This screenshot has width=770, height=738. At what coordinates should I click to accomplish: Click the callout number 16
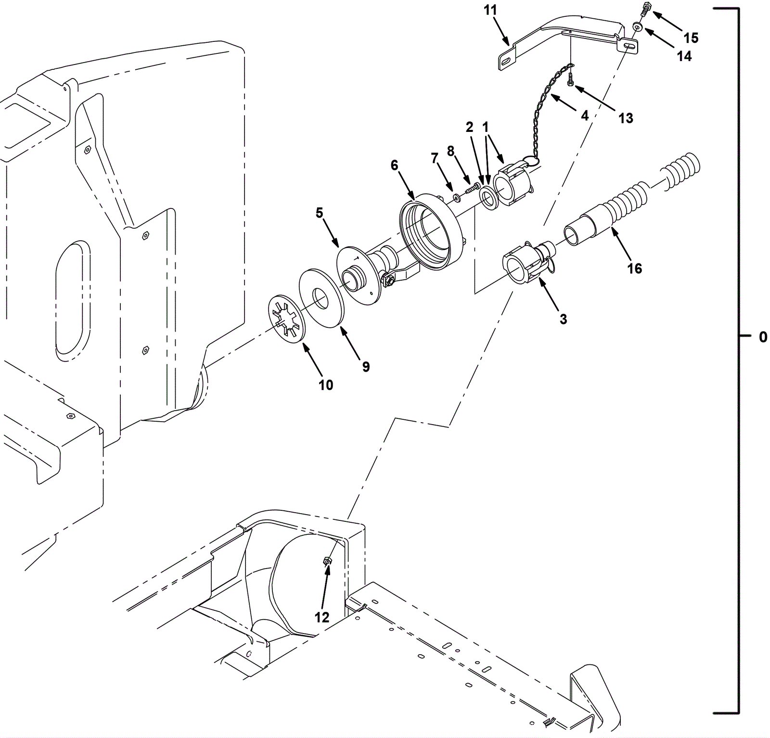click(634, 269)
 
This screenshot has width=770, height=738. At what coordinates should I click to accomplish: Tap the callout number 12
click(322, 617)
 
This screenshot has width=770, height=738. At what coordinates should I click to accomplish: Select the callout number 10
click(326, 385)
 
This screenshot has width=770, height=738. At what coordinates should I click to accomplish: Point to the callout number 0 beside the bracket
click(763, 337)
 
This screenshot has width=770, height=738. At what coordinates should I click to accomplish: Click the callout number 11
click(490, 10)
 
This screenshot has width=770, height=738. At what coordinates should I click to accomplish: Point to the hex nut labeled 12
click(326, 561)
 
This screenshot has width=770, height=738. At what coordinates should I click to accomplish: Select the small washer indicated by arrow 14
click(637, 27)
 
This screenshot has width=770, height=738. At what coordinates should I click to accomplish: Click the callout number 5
click(320, 213)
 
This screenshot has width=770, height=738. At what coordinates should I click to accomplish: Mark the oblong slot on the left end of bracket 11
click(507, 61)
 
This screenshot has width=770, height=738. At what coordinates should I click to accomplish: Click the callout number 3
click(563, 319)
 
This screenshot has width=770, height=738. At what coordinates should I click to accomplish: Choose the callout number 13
click(626, 118)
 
